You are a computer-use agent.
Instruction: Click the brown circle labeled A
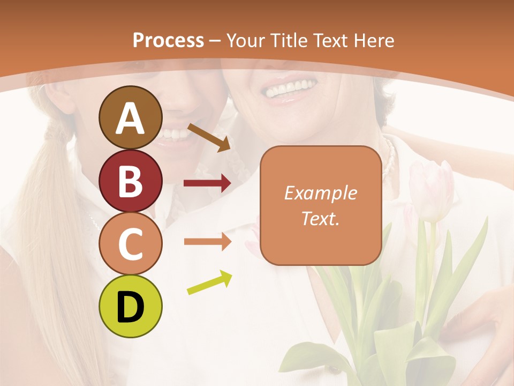[x=130, y=117]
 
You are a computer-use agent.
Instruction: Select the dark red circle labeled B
[x=130, y=181]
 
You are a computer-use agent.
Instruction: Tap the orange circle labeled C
[x=130, y=243]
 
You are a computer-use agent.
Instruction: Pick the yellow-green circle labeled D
[x=130, y=306]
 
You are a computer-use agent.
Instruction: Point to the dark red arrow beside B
[x=207, y=183]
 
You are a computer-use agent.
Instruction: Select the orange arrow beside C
[x=207, y=241]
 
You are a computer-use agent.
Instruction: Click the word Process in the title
[x=168, y=40]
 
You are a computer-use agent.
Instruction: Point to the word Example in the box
[x=321, y=193]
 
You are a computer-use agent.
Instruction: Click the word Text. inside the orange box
[x=321, y=219]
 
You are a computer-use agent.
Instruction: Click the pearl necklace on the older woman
[x=389, y=155]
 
